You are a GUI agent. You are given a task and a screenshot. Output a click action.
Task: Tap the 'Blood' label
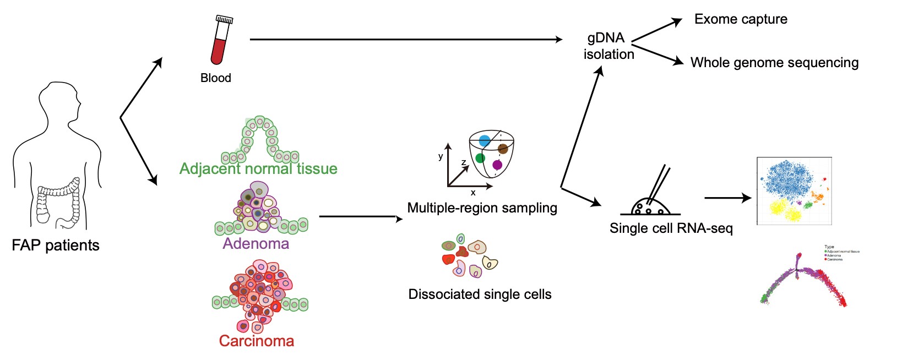pyautogui.click(x=216, y=78)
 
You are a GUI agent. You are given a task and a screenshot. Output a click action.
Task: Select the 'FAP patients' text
pyautogui.click(x=56, y=246)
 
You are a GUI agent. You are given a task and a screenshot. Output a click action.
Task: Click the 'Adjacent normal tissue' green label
pyautogui.click(x=258, y=168)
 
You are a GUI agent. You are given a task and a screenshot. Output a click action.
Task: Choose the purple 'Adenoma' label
pyautogui.click(x=256, y=244)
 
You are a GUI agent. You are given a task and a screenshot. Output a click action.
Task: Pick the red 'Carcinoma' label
pyautogui.click(x=257, y=341)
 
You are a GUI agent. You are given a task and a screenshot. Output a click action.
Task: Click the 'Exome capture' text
pyautogui.click(x=741, y=19)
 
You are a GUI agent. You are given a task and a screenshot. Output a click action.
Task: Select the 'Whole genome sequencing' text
pyautogui.click(x=774, y=63)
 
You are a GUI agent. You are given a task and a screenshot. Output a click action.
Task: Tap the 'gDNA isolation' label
pyautogui.click(x=608, y=46)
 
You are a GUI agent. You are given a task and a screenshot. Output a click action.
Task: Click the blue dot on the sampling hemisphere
pyautogui.click(x=485, y=141)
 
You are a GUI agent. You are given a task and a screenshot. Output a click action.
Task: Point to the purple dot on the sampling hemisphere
pyautogui.click(x=497, y=165)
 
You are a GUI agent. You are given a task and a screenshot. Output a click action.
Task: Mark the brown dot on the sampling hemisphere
pyautogui.click(x=503, y=149)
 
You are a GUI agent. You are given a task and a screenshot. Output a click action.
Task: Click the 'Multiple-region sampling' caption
pyautogui.click(x=482, y=208)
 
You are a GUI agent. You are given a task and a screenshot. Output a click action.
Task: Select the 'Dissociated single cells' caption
pyautogui.click(x=480, y=294)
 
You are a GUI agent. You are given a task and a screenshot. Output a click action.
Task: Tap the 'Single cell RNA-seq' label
pyautogui.click(x=671, y=228)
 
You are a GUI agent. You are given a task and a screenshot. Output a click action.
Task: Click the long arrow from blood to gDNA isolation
pyautogui.click(x=406, y=40)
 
